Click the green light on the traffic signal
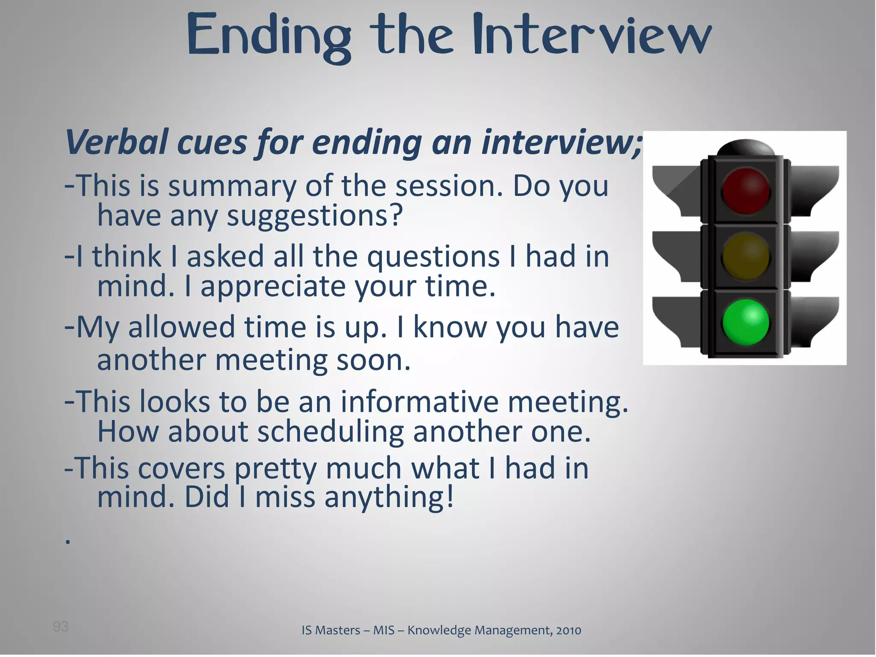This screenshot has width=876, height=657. [746, 322]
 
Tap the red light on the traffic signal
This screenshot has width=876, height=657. [746, 191]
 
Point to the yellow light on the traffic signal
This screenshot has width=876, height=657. [746, 257]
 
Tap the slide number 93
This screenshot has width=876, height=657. [60, 627]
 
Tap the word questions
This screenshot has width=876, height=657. [433, 257]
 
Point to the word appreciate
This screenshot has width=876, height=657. [273, 286]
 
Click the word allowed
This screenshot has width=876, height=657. [181, 327]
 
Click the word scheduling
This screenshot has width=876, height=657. [330, 432]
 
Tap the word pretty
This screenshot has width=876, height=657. [276, 469]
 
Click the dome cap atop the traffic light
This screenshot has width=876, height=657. [746, 148]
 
